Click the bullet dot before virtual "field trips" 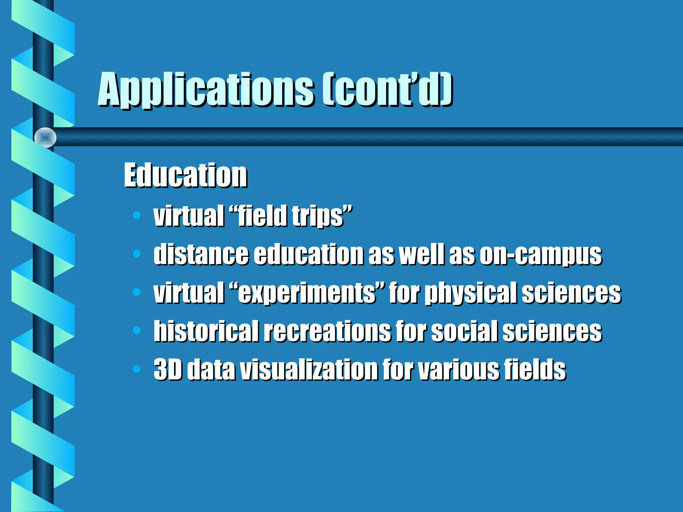point(137,215)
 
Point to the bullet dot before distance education point(137,254)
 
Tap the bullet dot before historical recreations point(137,331)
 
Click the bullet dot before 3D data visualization point(137,369)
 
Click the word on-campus point(541,255)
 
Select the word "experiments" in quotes point(307,293)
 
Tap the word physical point(472,293)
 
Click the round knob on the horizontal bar point(45,137)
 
